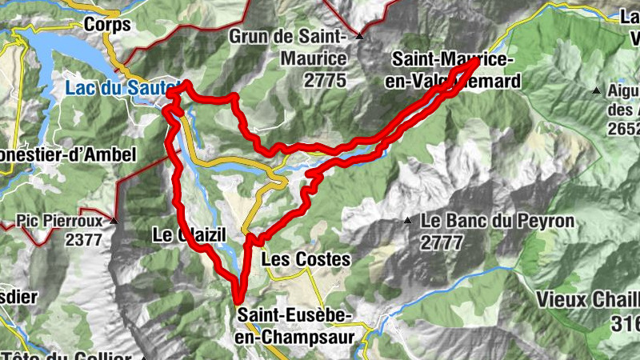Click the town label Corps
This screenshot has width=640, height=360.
[106, 25]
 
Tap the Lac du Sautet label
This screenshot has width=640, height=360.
[117, 90]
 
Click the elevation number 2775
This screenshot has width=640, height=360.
[325, 80]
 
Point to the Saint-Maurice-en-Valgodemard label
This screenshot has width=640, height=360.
[456, 70]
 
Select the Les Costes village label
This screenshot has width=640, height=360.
[306, 259]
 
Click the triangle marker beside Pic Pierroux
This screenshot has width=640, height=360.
[114, 220]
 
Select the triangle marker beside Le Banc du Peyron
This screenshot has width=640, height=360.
[407, 220]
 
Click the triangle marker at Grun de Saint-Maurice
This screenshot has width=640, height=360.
[360, 37]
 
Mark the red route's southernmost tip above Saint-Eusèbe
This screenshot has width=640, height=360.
[238, 299]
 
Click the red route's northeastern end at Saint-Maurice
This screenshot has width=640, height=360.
[475, 61]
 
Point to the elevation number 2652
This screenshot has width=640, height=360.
[623, 129]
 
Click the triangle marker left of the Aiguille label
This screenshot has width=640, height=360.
[595, 91]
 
